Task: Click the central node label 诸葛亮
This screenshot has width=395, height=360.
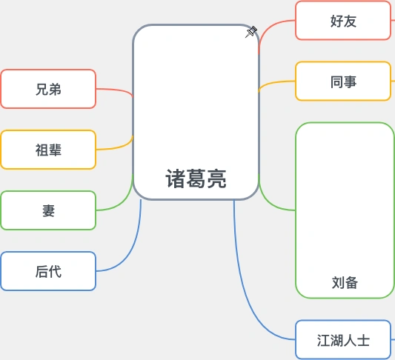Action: click(196, 179)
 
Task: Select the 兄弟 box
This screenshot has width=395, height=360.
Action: click(48, 89)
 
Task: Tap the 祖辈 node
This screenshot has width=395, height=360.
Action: click(48, 150)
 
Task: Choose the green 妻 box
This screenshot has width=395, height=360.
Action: click(48, 210)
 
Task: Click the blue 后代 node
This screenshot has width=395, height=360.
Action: click(48, 271)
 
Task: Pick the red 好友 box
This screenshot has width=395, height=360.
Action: click(343, 21)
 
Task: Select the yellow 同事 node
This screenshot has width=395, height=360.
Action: click(343, 81)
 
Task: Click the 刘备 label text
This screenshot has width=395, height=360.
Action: click(345, 282)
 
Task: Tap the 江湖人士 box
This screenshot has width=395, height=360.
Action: click(343, 341)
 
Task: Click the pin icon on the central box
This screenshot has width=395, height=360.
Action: click(250, 32)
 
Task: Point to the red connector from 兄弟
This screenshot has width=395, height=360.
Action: click(115, 90)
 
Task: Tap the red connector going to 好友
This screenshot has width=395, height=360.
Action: click(270, 30)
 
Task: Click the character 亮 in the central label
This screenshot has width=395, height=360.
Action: click(216, 179)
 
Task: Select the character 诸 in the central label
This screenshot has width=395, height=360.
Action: click(176, 179)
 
